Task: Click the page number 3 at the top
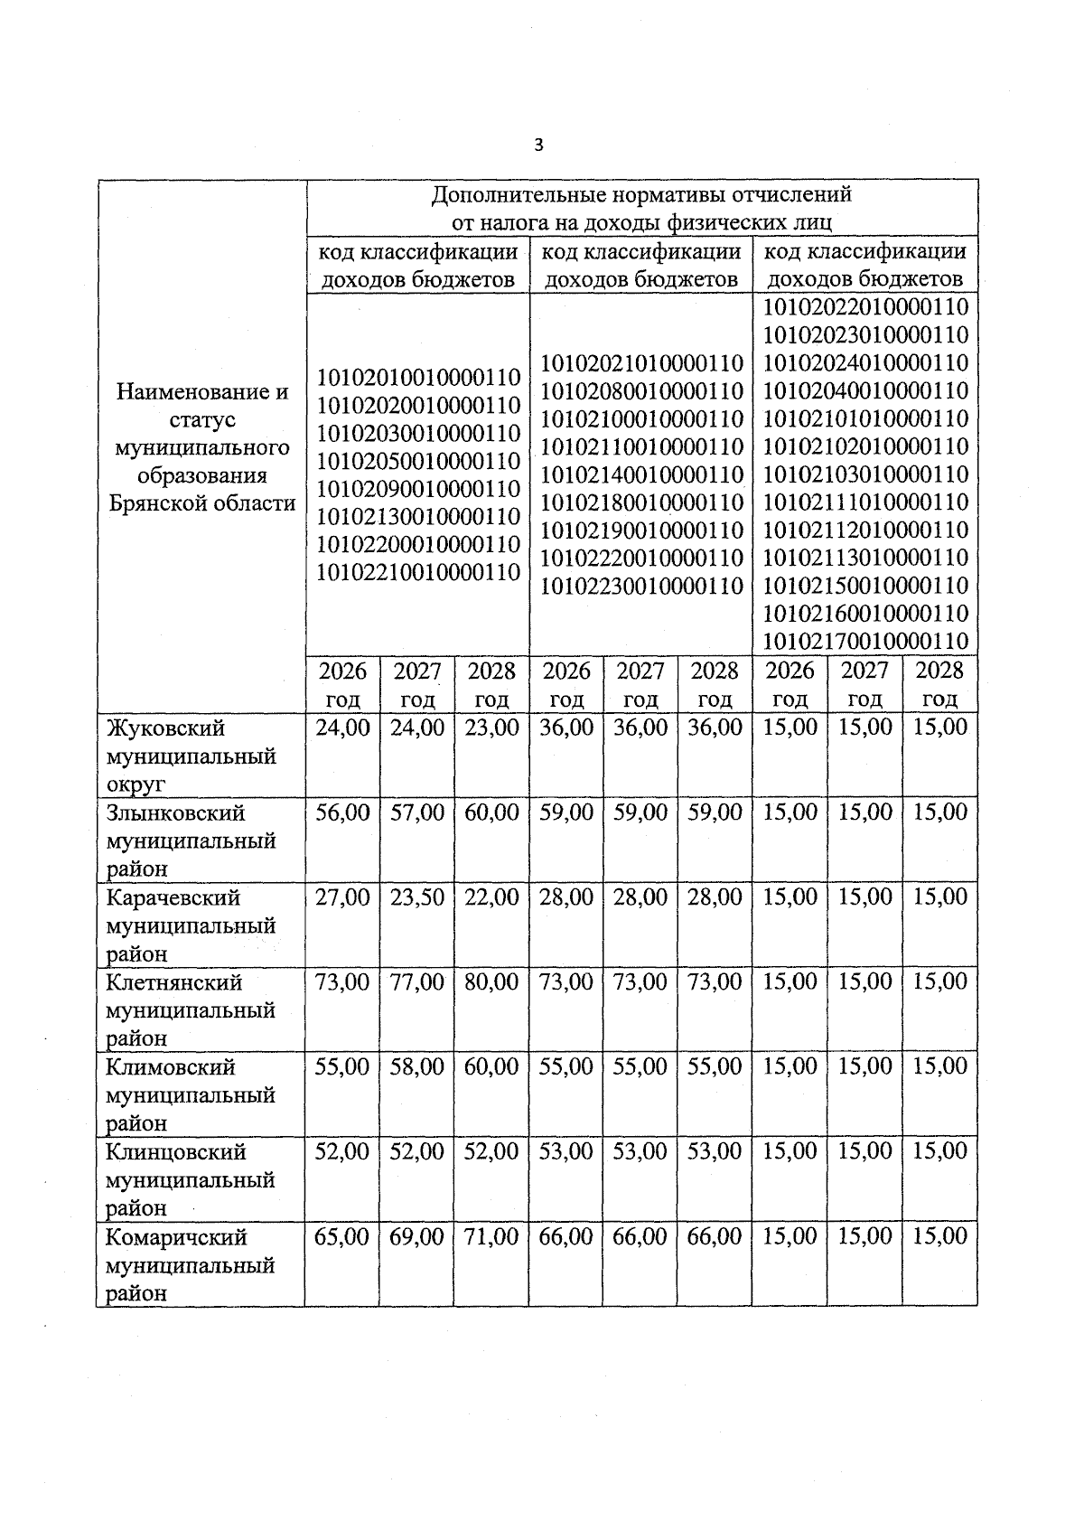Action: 538,146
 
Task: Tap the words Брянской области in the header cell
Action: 201,503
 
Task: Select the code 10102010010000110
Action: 418,377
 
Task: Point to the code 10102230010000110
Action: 641,586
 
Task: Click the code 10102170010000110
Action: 865,642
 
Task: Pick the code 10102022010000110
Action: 865,306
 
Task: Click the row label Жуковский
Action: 165,728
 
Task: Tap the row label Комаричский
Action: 176,1236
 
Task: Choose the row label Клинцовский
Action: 176,1151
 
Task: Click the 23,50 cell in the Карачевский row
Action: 416,897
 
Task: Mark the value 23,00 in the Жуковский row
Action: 491,728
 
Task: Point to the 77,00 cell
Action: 416,981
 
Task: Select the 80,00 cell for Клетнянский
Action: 491,981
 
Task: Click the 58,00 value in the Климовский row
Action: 416,1066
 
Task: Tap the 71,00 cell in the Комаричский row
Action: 491,1236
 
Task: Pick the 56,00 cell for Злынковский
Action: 342,812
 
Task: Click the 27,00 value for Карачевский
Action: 342,897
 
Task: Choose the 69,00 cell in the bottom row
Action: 416,1236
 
